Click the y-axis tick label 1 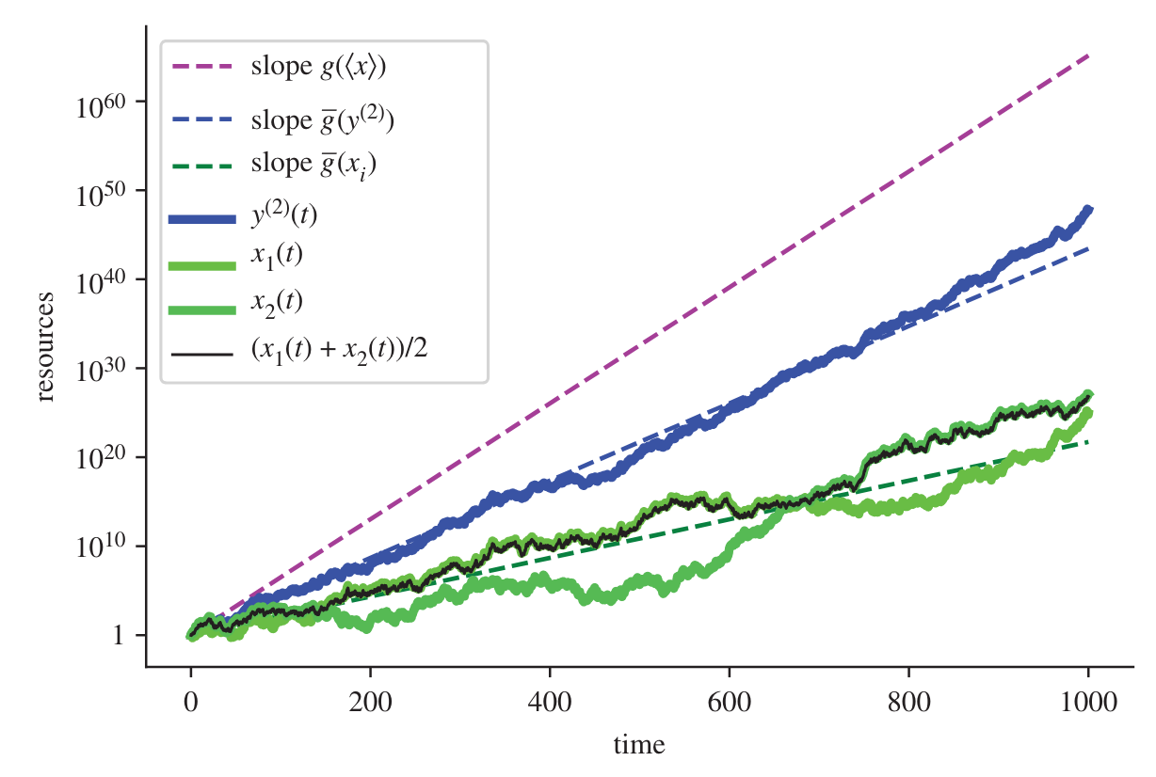(119, 637)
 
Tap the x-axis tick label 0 (191, 700)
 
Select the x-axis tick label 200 (371, 700)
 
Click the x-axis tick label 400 (551, 700)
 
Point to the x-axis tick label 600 (730, 700)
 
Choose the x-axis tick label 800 (909, 700)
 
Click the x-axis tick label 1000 (1089, 700)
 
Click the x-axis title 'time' (639, 746)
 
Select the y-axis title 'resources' (45, 347)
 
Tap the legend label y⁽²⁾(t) (285, 215)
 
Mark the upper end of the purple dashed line (1089, 55)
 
